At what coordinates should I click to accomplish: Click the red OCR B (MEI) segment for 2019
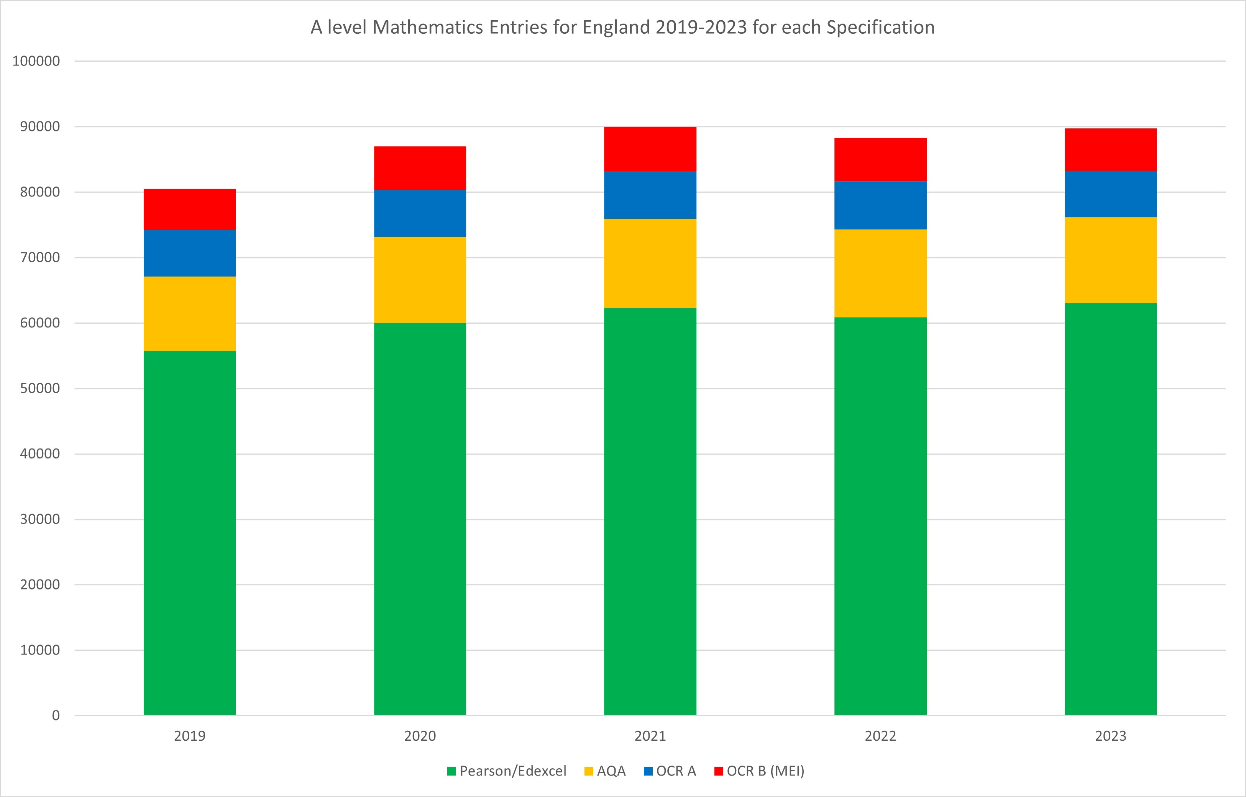[x=190, y=209]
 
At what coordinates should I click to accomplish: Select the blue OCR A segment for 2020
[x=420, y=213]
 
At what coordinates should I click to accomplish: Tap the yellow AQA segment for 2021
[x=650, y=263]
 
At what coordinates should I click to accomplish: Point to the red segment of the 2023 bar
[x=1110, y=150]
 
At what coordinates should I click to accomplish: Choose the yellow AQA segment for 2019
[x=190, y=314]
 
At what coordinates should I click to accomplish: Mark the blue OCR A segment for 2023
[x=1110, y=194]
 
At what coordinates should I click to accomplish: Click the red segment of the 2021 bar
[x=650, y=149]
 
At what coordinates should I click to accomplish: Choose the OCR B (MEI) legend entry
[x=759, y=771]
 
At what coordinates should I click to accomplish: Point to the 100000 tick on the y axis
[x=36, y=61]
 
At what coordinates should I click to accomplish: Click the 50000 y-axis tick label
[x=40, y=388]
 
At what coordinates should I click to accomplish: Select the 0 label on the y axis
[x=56, y=716]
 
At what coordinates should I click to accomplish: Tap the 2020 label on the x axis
[x=420, y=736]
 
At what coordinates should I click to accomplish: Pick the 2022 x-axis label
[x=880, y=736]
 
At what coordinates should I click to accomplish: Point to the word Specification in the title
[x=880, y=28]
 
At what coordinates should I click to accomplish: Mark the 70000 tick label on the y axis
[x=40, y=257]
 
